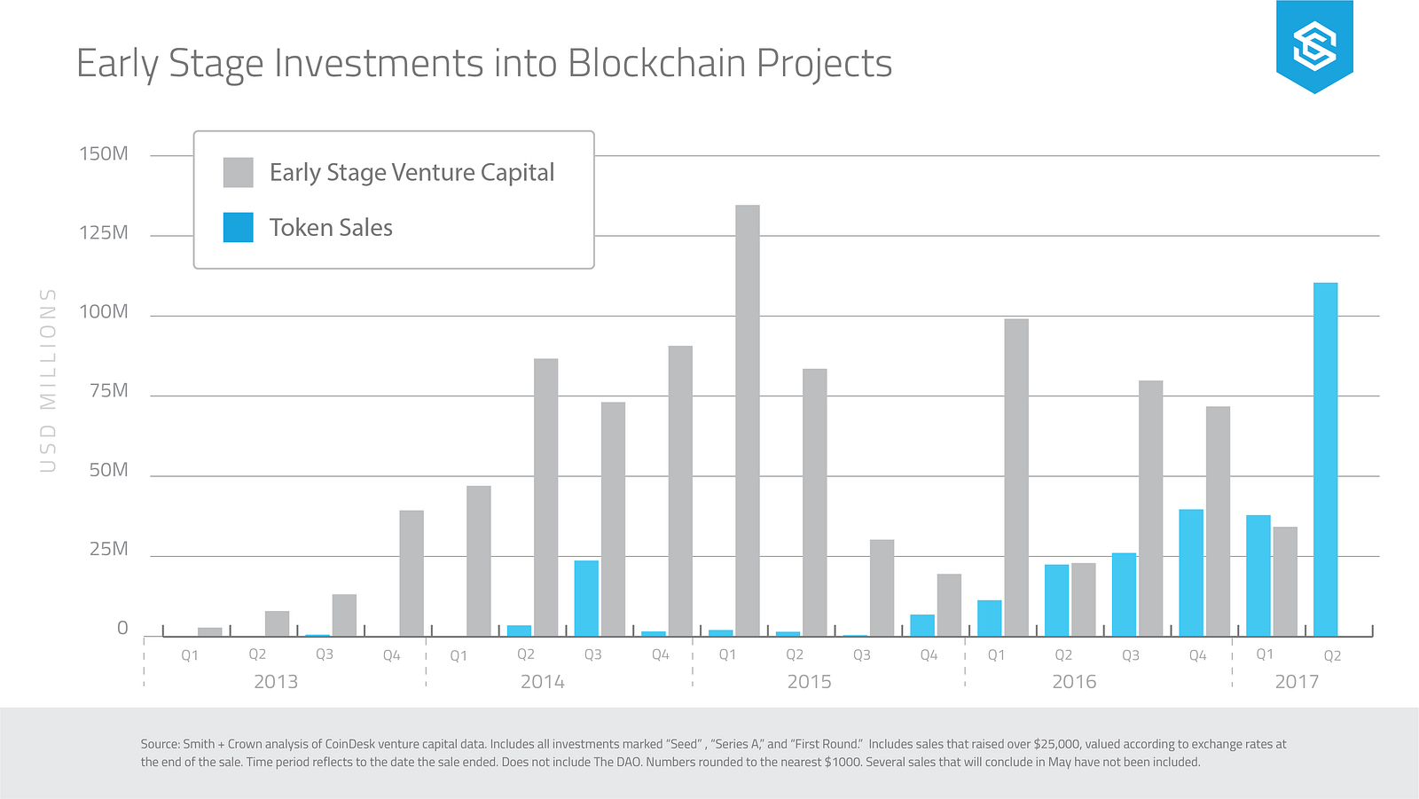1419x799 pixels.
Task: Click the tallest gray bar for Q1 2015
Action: click(748, 420)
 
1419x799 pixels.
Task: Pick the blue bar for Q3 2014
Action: click(586, 598)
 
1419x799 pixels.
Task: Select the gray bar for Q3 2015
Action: click(882, 587)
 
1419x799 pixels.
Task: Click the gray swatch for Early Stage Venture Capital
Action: click(238, 172)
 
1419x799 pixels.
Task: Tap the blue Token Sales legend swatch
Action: click(238, 227)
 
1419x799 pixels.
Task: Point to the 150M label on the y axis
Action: click(104, 154)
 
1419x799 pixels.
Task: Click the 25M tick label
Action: click(108, 549)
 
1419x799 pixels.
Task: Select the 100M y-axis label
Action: click(104, 312)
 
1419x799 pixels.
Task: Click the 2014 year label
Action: click(542, 682)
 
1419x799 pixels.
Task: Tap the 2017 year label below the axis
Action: click(1297, 682)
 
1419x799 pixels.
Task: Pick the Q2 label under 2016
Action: click(1063, 655)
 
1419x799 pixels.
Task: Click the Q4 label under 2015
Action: click(929, 655)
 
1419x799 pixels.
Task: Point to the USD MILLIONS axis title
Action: click(48, 380)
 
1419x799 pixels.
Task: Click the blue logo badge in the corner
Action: click(1314, 45)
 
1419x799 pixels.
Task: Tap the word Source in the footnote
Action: click(159, 744)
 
